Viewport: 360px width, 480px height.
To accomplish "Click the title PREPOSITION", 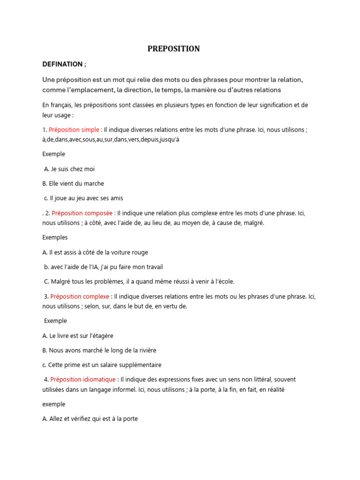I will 173,49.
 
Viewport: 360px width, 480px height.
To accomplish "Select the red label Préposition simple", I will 75,130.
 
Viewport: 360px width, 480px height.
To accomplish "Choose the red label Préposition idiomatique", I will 83,379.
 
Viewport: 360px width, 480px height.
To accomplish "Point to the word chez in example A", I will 76,169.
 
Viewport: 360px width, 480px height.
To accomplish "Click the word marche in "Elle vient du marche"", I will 95,183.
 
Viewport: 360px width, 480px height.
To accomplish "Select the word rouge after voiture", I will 139,252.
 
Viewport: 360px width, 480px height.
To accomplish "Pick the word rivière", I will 145,350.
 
